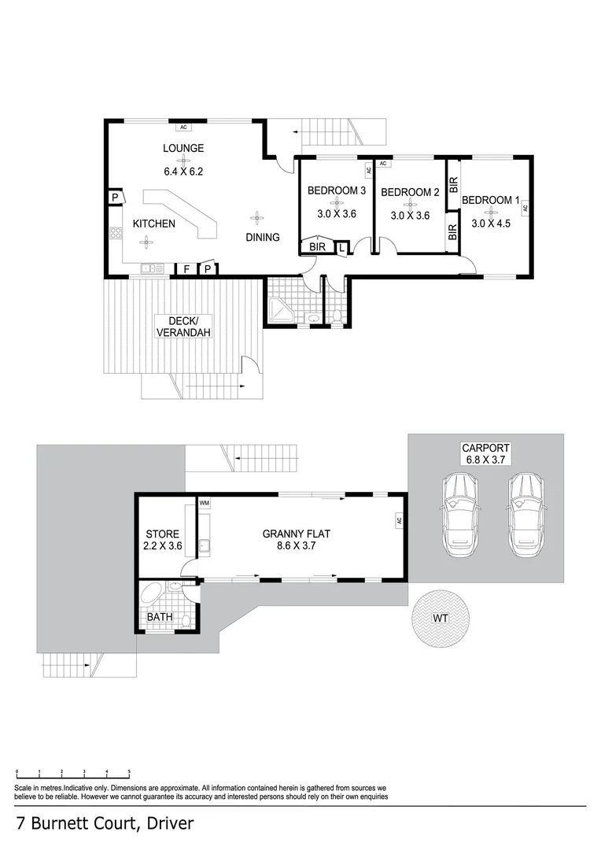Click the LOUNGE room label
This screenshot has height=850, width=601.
click(183, 148)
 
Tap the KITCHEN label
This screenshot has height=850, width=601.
click(153, 224)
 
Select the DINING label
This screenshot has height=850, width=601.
click(262, 237)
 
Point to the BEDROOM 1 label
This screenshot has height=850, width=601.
click(490, 201)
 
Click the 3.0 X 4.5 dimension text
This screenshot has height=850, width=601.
click(491, 224)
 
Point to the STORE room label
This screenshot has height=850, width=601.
click(163, 534)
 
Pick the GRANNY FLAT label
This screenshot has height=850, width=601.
click(296, 534)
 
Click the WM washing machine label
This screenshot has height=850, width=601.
click(205, 502)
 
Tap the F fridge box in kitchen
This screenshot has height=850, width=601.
click(186, 269)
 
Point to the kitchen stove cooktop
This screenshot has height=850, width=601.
click(115, 233)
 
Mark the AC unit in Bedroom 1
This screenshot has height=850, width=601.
click(525, 208)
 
